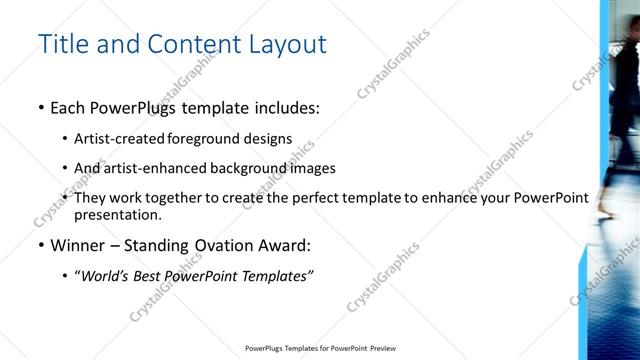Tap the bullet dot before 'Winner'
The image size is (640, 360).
coord(41,245)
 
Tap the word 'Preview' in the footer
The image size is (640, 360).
coord(381,349)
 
